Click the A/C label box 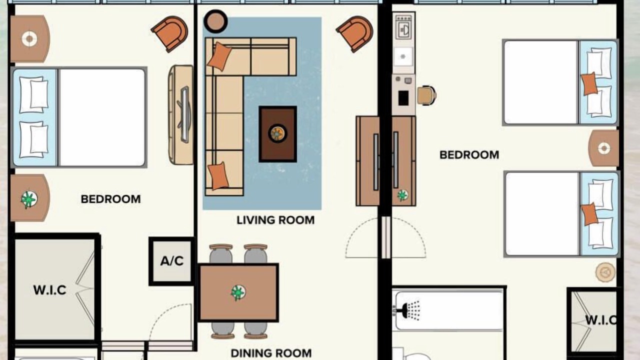pos(172,261)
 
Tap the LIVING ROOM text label pos(275,220)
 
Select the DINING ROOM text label pos(271,353)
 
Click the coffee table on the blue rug pos(277,134)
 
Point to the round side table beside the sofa pos(215,21)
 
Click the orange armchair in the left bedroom pos(169,33)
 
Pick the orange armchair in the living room pos(355,33)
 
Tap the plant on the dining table pos(238,292)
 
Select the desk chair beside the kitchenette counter pos(426,95)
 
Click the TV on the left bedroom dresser pos(184,114)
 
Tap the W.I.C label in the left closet pos(49,290)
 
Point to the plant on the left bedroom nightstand pos(29,199)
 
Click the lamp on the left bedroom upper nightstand pos(29,39)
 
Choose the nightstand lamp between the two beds pos(603,148)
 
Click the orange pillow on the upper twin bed pos(589,83)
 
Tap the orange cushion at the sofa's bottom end pos(218,175)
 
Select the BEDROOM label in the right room pos(469,155)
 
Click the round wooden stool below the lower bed pos(605,272)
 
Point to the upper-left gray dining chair pos(221,253)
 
